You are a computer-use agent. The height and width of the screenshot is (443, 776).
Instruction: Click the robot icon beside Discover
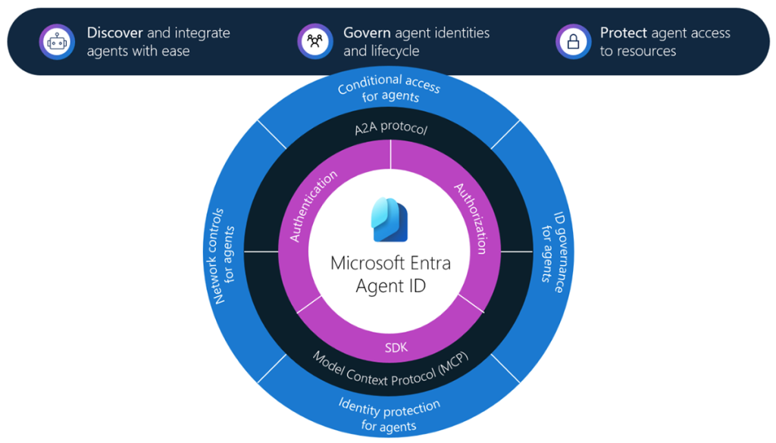pyautogui.click(x=57, y=42)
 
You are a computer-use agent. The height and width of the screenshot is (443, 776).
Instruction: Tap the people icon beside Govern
pyautogui.click(x=314, y=42)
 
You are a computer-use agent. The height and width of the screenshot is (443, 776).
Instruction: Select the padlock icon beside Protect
pyautogui.click(x=573, y=42)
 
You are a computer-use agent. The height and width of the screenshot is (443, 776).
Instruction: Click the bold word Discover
pyautogui.click(x=115, y=33)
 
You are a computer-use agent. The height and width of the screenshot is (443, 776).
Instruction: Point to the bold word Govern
pyautogui.click(x=368, y=33)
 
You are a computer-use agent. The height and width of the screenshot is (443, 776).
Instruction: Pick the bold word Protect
pyautogui.click(x=624, y=33)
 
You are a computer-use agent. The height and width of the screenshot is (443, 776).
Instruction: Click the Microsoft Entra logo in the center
pyautogui.click(x=390, y=220)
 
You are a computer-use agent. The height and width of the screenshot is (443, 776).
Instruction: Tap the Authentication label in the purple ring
pyautogui.click(x=313, y=206)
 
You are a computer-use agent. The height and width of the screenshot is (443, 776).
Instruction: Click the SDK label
pyautogui.click(x=396, y=348)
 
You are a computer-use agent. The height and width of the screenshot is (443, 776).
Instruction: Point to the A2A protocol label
pyautogui.click(x=391, y=127)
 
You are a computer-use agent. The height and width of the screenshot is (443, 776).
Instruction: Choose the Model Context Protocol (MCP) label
pyautogui.click(x=390, y=370)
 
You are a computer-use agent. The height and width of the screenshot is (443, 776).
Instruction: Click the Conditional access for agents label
pyautogui.click(x=390, y=89)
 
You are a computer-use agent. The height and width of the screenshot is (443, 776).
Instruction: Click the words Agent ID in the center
pyautogui.click(x=390, y=286)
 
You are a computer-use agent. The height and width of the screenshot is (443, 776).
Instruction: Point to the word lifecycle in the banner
pyautogui.click(x=395, y=51)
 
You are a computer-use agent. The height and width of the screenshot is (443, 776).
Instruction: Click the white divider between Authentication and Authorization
pyautogui.click(x=390, y=154)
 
